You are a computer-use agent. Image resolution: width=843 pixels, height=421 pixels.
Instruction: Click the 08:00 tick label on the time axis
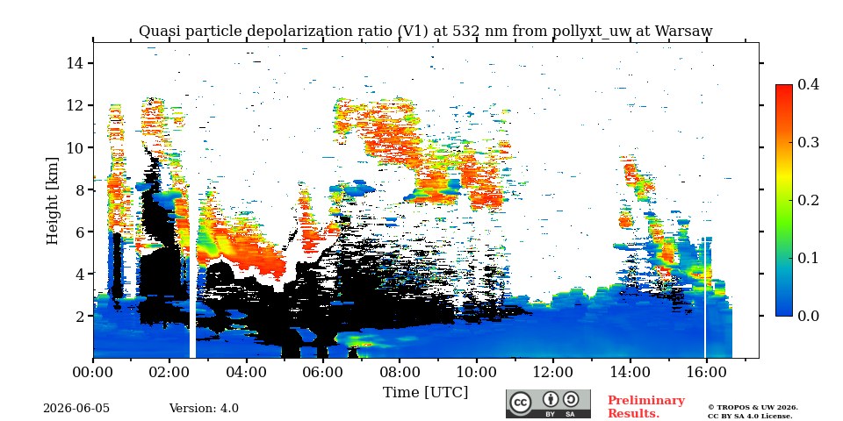click(400, 372)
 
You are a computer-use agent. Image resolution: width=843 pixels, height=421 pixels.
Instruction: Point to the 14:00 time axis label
click(629, 372)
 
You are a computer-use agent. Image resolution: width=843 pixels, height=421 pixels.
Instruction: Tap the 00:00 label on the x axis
click(94, 372)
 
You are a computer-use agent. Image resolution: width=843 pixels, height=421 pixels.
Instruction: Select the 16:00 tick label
click(705, 372)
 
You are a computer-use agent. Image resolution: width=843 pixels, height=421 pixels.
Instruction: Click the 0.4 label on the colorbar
click(808, 84)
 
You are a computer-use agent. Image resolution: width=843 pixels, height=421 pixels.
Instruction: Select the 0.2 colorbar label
click(808, 200)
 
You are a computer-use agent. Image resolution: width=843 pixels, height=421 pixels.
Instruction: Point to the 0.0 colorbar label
click(808, 316)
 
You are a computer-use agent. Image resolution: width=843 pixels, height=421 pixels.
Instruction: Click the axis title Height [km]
click(52, 201)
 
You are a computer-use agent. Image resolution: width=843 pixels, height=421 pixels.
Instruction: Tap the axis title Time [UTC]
click(425, 393)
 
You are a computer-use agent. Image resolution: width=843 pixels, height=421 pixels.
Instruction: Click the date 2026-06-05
click(76, 409)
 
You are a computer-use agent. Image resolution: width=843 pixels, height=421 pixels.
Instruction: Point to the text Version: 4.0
click(204, 409)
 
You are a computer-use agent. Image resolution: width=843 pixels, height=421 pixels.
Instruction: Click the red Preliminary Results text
click(646, 406)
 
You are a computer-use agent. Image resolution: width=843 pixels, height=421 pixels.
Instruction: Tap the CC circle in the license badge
click(521, 403)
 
